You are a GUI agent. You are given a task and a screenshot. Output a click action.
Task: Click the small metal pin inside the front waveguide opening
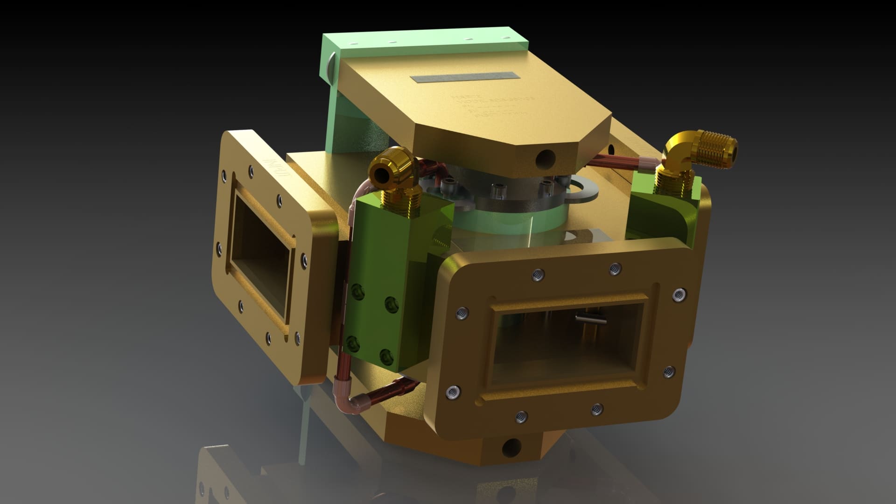point(591,319)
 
